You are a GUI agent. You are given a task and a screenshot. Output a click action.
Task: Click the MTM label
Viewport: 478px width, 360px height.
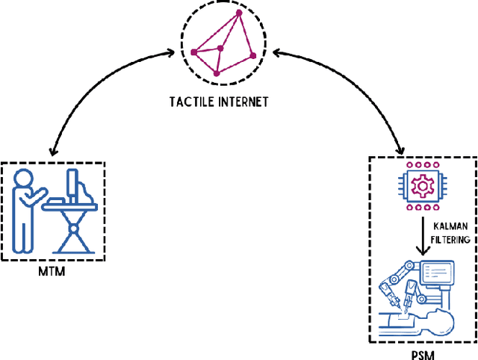click(x=52, y=270)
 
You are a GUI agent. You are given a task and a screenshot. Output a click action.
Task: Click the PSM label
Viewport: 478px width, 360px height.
click(x=423, y=353)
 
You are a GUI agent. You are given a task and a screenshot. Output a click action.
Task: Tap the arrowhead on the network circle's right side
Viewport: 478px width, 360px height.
click(x=276, y=54)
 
